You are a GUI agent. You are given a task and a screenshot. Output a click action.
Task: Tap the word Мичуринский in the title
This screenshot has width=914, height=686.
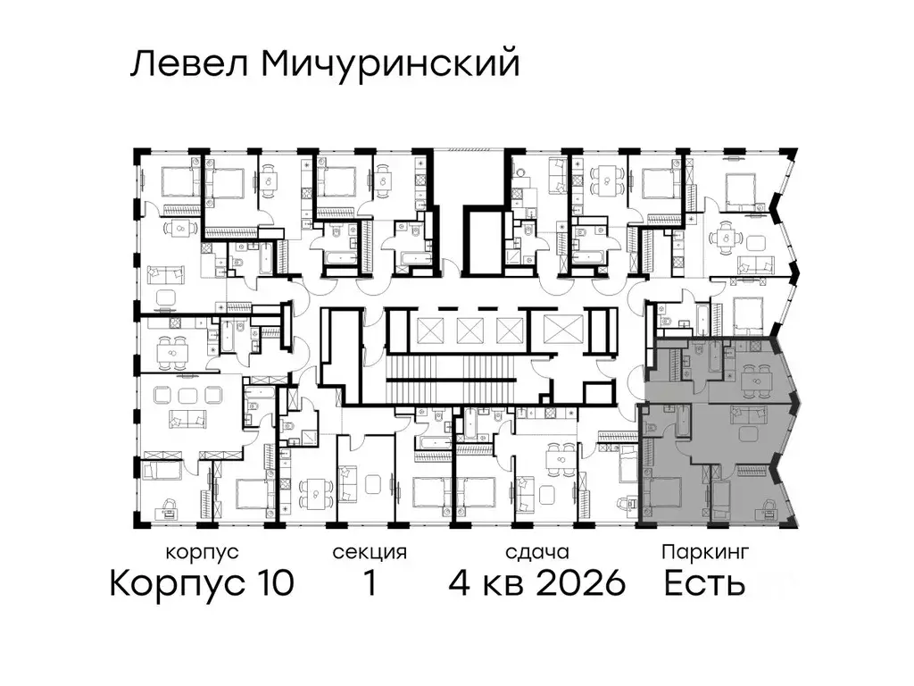coord(380,66)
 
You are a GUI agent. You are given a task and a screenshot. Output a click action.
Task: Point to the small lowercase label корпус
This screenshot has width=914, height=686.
coord(203,553)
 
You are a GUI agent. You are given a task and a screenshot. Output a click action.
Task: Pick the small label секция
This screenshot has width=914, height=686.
coord(370,553)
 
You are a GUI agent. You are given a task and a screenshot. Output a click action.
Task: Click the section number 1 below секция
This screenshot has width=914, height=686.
coord(369,584)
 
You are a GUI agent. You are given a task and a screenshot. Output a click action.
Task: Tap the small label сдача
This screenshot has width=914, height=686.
coord(536,553)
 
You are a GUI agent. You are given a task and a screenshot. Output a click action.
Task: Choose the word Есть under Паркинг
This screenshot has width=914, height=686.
coord(705,584)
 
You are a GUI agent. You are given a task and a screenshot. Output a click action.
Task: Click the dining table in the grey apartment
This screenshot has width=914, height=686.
coord(755,382)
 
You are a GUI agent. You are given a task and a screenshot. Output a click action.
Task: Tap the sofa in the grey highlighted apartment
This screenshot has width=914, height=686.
coord(748,413)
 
